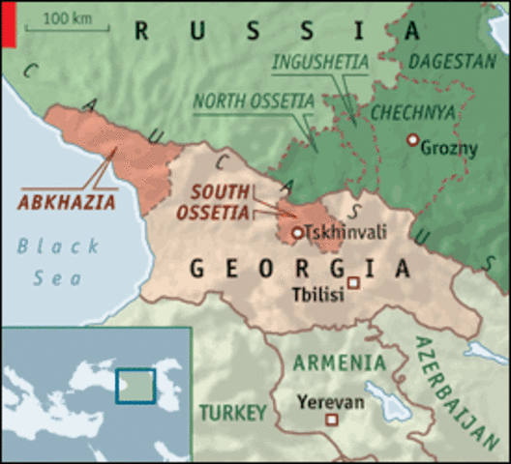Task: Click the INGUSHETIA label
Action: (320, 63)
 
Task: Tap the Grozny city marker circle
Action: (413, 141)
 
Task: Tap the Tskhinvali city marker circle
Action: (297, 233)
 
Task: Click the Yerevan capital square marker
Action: (332, 420)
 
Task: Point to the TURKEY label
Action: (232, 413)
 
